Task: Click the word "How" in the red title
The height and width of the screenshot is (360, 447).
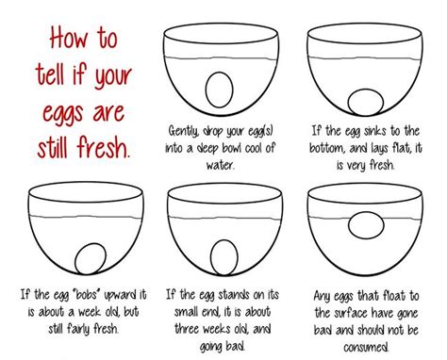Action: click(x=69, y=38)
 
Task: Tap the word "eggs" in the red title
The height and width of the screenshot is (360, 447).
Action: click(x=63, y=114)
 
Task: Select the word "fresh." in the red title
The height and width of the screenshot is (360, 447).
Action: click(x=103, y=147)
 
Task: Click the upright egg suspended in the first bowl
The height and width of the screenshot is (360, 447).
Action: click(x=220, y=90)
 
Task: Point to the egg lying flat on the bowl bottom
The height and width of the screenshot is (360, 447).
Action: click(x=366, y=103)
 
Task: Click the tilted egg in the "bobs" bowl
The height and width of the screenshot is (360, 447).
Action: click(x=91, y=258)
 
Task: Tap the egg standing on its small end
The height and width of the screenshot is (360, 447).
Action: click(x=223, y=257)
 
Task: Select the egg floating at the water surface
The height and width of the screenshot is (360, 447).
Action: click(x=366, y=225)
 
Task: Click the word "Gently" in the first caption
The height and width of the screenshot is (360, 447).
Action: click(x=183, y=131)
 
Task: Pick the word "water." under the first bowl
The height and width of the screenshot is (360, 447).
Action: click(x=220, y=164)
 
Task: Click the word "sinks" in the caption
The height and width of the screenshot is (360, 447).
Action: click(x=375, y=131)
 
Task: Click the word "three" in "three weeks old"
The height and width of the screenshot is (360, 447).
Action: click(x=187, y=329)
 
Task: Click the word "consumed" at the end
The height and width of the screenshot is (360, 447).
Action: click(x=366, y=347)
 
